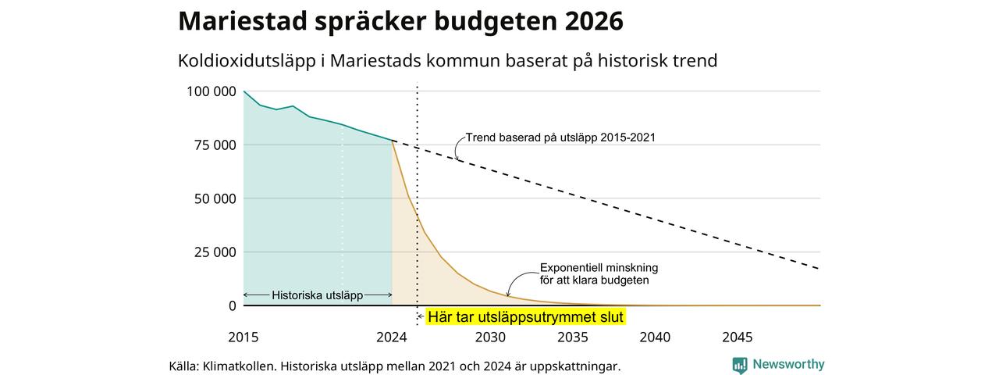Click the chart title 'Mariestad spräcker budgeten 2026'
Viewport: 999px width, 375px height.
[x=400, y=21]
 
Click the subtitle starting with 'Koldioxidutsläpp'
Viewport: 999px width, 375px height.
[x=447, y=61]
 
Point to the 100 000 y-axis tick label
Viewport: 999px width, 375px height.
[x=212, y=91]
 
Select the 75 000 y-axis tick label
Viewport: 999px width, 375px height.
[x=215, y=145]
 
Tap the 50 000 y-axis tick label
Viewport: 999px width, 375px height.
[x=215, y=198]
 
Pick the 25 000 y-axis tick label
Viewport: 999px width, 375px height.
[x=215, y=252]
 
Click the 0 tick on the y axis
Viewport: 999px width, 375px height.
[x=233, y=305]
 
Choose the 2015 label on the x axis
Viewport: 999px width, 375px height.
[x=243, y=337]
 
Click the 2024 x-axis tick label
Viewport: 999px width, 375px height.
[x=392, y=337]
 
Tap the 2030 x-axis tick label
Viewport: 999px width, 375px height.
[x=490, y=337]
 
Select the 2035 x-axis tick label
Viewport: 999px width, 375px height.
[x=573, y=337]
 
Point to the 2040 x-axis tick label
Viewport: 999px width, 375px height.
[x=655, y=337]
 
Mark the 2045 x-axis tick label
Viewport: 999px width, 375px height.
[x=738, y=337]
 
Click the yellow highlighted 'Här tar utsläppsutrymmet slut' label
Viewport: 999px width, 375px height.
[x=525, y=317]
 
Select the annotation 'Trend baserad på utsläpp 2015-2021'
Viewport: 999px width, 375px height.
[x=560, y=137]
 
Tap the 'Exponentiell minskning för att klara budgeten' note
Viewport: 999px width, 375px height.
[x=599, y=274]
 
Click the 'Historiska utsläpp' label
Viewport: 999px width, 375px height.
[x=317, y=295]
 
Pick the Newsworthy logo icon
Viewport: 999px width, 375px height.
[x=739, y=365]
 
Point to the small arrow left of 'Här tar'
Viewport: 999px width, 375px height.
[x=420, y=317]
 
